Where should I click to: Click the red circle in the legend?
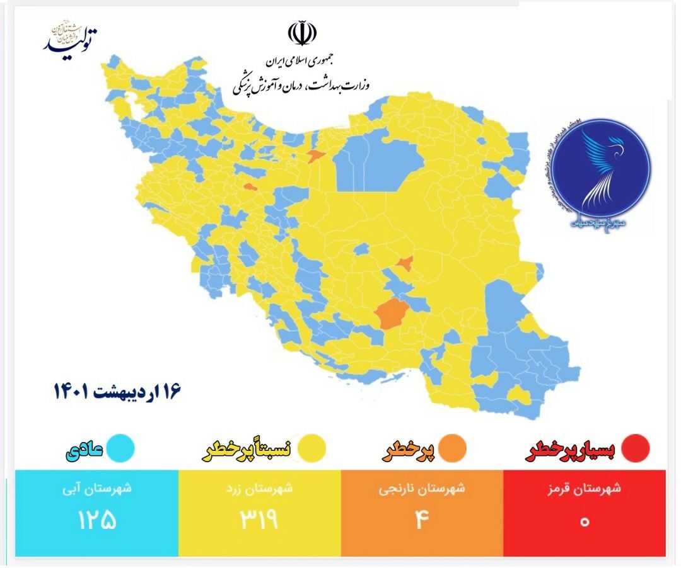coord(635,448)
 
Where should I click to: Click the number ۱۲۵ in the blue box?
coord(97,521)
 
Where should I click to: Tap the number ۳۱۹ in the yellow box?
coord(259,521)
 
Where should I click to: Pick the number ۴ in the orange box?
coord(422,521)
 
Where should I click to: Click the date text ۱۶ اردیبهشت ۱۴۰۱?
coord(117,391)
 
